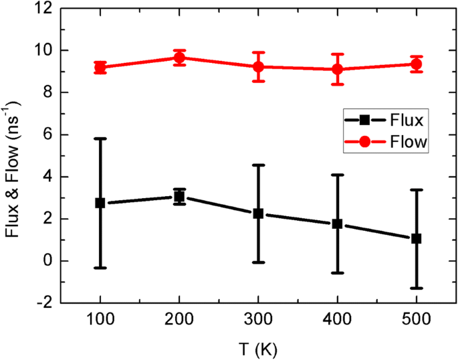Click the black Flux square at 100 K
coord(100,203)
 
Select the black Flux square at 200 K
coord(179,197)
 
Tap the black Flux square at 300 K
coord(258,213)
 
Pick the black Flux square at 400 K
coord(337,223)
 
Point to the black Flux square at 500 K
coord(416,238)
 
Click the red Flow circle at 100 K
coord(100,68)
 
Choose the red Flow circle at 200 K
coord(179,58)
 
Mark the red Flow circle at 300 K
coord(258,66)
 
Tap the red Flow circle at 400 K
coord(337,69)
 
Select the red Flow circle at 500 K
coord(416,64)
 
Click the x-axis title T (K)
coord(257,348)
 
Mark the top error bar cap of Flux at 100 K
coord(100,139)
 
